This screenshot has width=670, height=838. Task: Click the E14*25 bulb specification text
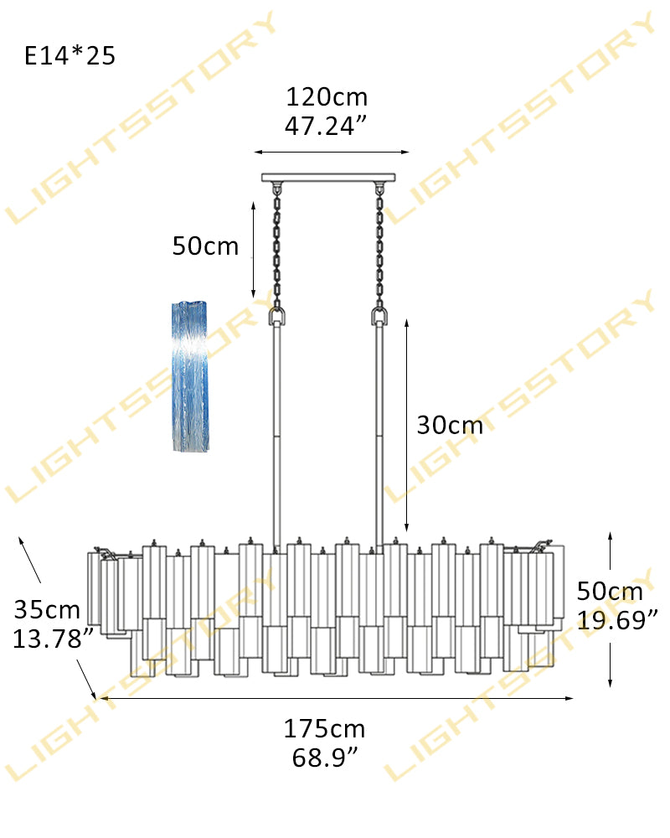pyautogui.click(x=70, y=55)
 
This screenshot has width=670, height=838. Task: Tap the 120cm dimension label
pyautogui.click(x=327, y=97)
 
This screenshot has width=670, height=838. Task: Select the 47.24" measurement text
pyautogui.click(x=326, y=127)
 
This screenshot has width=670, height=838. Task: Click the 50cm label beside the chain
pyautogui.click(x=205, y=246)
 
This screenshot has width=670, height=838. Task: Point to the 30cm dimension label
pyautogui.click(x=450, y=426)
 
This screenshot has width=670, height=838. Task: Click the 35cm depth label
pyautogui.click(x=47, y=610)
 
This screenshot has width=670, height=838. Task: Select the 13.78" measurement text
pyautogui.click(x=53, y=639)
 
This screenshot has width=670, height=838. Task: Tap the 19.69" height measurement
pyautogui.click(x=617, y=620)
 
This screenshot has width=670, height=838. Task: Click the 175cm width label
pyautogui.click(x=324, y=729)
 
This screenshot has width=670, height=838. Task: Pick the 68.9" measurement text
pyautogui.click(x=325, y=758)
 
